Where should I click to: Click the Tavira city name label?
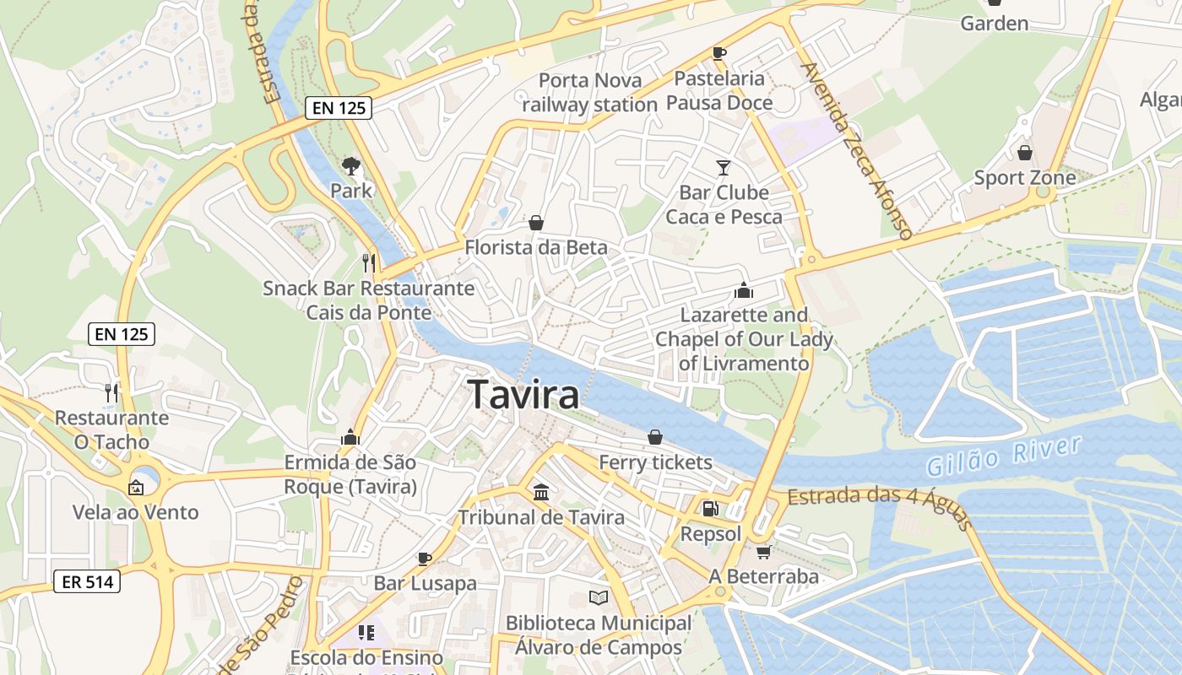523,395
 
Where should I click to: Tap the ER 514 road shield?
87,580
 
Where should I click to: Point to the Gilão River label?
1003,456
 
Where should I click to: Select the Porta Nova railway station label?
589,93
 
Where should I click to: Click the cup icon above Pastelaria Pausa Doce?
719,53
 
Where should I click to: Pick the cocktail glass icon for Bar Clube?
724,167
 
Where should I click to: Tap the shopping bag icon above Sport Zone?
1024,153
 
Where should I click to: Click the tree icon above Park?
350,165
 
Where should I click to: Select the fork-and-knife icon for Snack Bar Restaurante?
368,262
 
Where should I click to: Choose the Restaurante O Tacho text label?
111,429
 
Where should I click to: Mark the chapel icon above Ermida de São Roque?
350,437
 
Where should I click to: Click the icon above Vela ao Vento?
135,487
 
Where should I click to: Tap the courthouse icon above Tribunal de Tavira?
541,492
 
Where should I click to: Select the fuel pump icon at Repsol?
710,508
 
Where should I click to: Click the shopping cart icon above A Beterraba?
763,552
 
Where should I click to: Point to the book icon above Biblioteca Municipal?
599,597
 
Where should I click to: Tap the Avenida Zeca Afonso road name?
858,151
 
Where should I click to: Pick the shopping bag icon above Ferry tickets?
655,436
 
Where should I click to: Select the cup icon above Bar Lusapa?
425,558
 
